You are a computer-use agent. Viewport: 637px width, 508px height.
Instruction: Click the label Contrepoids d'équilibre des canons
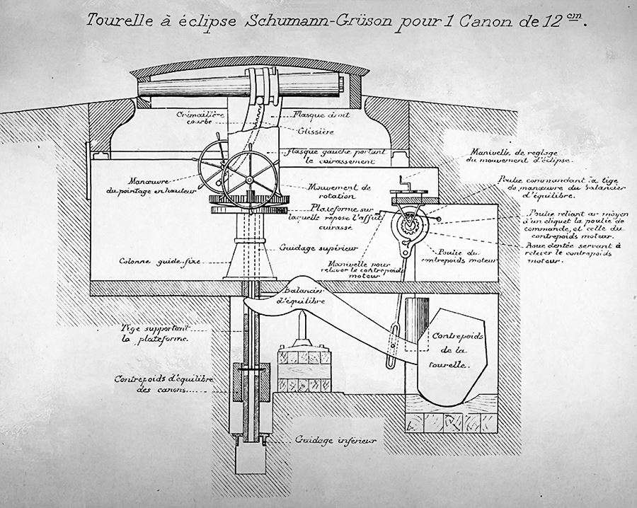[156, 383]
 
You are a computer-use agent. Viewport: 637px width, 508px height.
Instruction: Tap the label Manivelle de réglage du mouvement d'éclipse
[509, 156]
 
